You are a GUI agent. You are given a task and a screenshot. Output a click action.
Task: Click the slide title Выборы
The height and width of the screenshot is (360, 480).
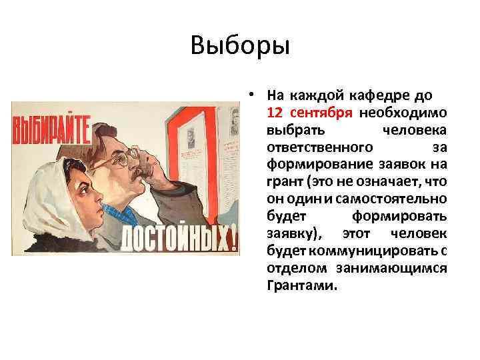pos(240,46)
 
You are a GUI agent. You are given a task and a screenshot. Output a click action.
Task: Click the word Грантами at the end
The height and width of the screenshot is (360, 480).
pos(301,286)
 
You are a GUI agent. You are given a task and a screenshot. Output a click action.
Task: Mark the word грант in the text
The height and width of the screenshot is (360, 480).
pos(284,181)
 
